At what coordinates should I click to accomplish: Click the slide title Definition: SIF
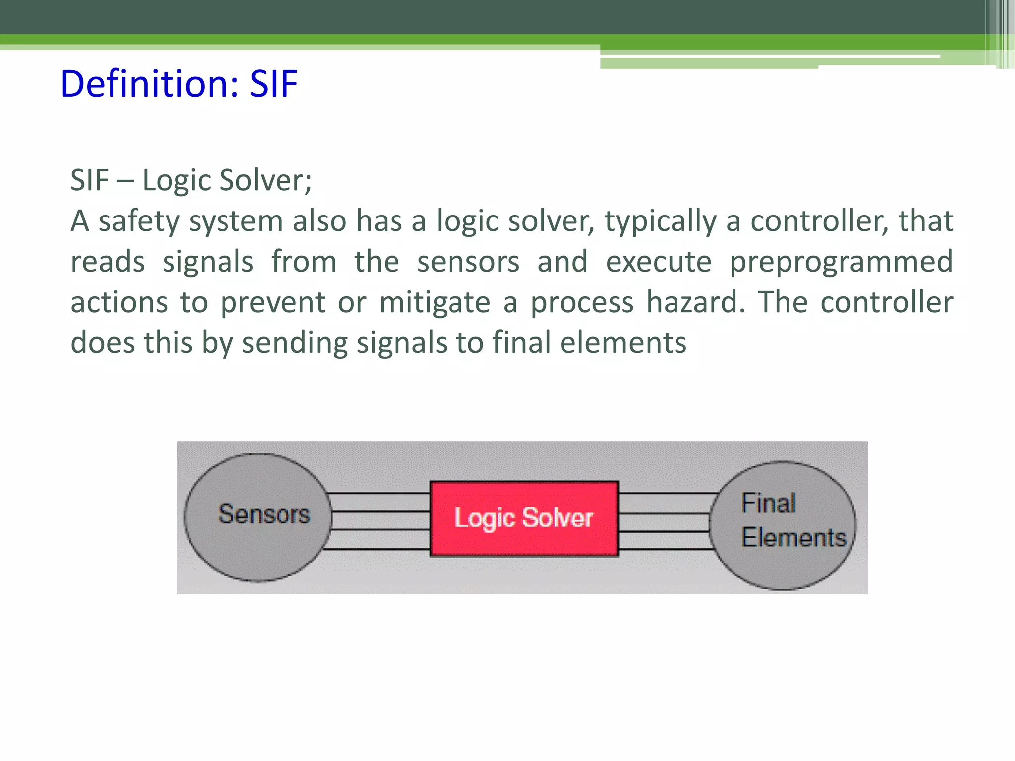pos(179,84)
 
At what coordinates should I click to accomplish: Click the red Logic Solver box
pos(524,518)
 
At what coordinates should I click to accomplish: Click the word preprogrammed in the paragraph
pos(841,262)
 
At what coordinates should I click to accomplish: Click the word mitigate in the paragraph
pos(435,302)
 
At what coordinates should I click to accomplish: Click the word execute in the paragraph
pos(659,262)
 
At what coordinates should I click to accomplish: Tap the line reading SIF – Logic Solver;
pos(191,180)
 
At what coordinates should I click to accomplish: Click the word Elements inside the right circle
pos(794,538)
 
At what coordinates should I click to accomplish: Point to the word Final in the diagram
pos(769,503)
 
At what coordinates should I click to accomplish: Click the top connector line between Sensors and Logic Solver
pos(379,494)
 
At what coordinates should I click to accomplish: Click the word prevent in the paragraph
pos(273,302)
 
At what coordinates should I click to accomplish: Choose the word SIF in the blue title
pos(274,84)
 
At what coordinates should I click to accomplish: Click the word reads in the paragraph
pos(108,262)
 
